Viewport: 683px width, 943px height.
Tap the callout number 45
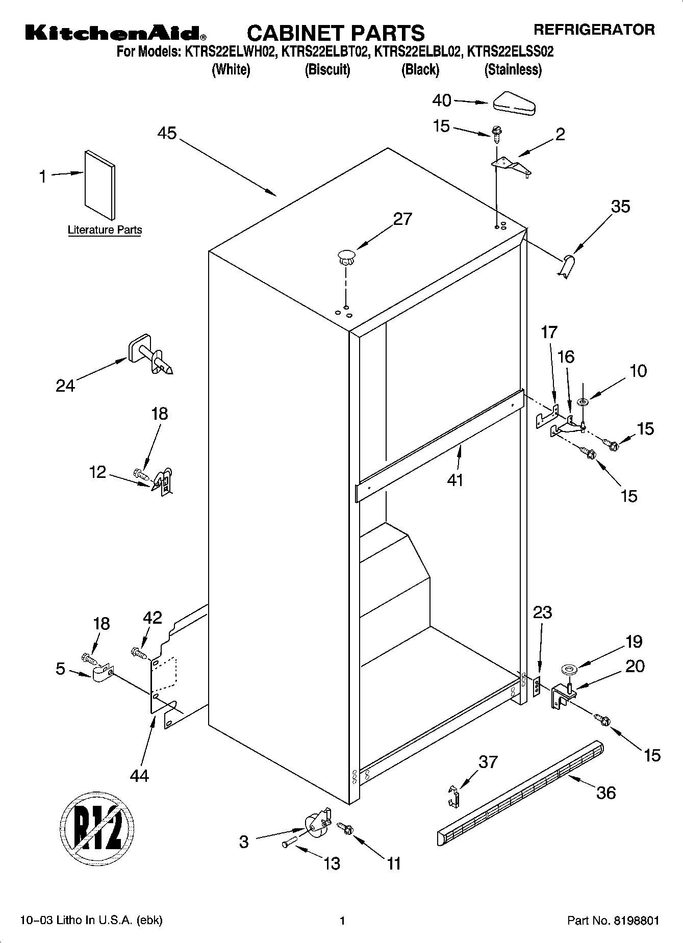tap(167, 133)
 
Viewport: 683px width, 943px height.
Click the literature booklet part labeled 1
tap(100, 185)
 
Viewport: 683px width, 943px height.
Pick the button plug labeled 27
tap(346, 257)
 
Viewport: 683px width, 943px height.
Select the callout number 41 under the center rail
tap(455, 480)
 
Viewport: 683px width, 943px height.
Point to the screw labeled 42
tap(139, 652)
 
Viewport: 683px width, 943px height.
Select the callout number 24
tap(65, 386)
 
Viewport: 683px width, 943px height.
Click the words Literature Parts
tap(105, 230)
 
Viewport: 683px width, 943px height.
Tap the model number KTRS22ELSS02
tap(511, 52)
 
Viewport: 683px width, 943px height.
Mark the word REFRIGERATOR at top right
tap(594, 30)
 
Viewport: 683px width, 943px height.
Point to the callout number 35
tap(620, 206)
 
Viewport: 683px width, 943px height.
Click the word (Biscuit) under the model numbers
tap(327, 69)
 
